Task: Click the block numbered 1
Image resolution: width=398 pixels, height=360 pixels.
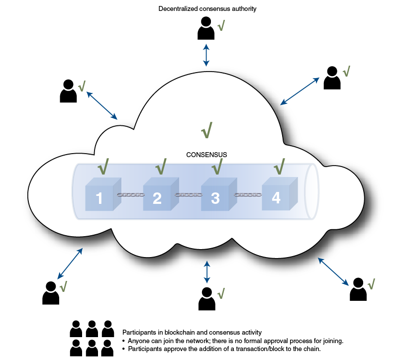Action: click(x=99, y=196)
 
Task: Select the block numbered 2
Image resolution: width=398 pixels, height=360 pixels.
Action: click(x=157, y=196)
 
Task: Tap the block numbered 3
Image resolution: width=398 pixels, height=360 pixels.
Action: click(x=215, y=196)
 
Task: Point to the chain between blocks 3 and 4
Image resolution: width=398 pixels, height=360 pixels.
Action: click(x=248, y=194)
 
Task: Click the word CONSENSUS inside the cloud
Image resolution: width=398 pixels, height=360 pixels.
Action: click(x=206, y=155)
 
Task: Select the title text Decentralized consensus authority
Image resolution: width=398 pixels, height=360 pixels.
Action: click(x=207, y=8)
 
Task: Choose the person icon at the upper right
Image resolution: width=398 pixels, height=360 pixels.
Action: click(x=332, y=78)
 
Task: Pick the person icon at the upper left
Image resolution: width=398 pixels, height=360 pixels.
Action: click(x=68, y=91)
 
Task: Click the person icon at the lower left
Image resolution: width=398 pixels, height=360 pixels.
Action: click(x=50, y=293)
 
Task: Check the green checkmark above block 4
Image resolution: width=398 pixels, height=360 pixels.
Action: click(x=279, y=166)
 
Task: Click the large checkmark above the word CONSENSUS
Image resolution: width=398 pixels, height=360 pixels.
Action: click(x=206, y=130)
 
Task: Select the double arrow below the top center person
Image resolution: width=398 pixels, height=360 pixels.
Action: click(x=206, y=54)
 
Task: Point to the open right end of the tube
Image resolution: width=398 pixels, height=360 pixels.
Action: click(x=311, y=191)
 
